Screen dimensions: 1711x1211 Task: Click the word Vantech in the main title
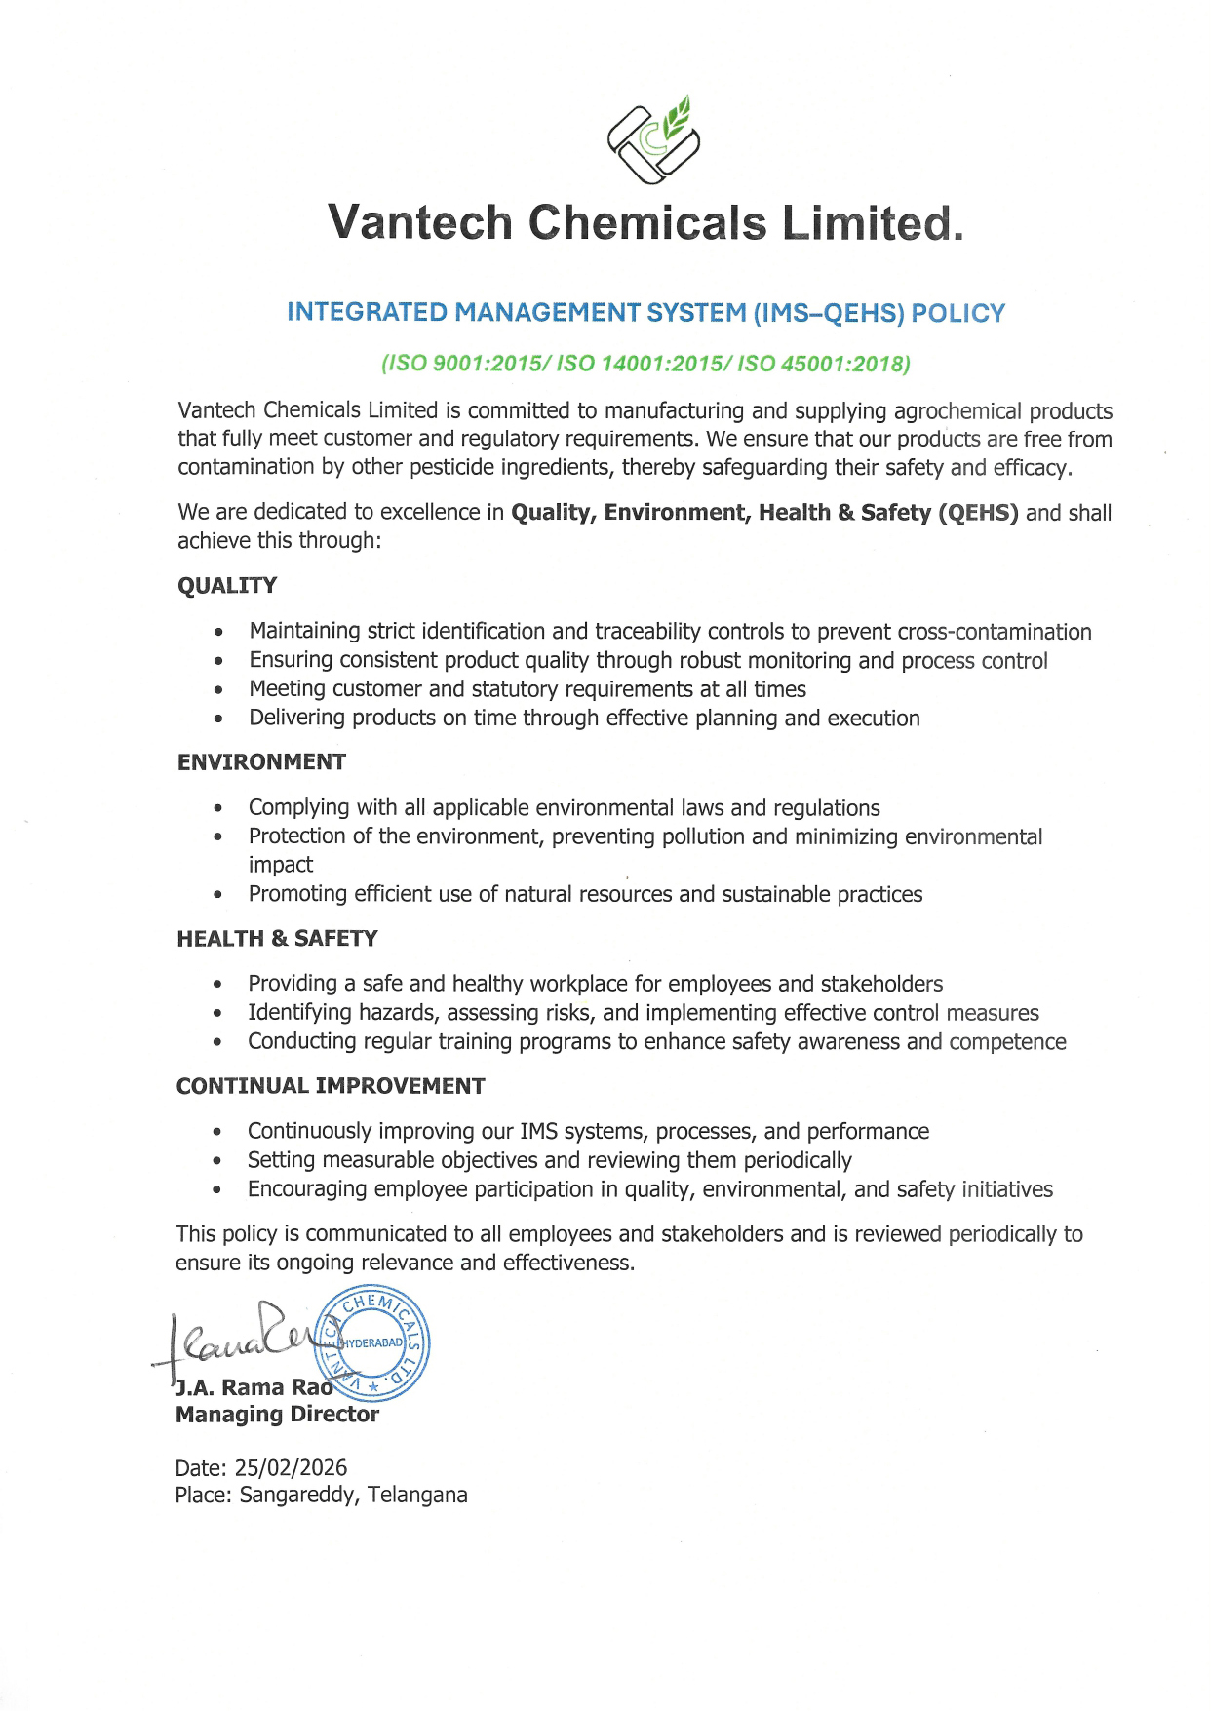click(420, 223)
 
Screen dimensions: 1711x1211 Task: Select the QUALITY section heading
click(227, 586)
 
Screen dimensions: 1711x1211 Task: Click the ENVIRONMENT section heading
click(261, 762)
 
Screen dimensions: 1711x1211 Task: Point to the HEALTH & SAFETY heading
click(277, 939)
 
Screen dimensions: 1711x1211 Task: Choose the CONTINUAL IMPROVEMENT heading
click(331, 1086)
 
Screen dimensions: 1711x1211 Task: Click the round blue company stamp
click(375, 1342)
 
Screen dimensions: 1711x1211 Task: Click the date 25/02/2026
click(291, 1468)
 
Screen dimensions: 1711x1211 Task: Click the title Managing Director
click(277, 1415)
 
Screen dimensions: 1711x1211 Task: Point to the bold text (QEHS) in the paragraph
click(978, 513)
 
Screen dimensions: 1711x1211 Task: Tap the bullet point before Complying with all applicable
click(218, 809)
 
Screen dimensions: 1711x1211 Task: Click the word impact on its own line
click(281, 866)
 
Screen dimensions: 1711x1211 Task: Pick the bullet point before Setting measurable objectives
click(217, 1162)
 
